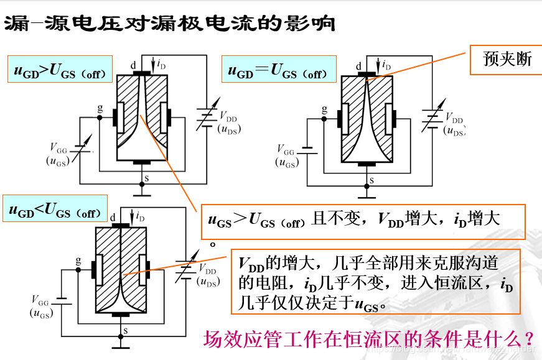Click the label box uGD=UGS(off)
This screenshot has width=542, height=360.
pyautogui.click(x=278, y=72)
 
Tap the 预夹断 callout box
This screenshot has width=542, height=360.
pyautogui.click(x=508, y=60)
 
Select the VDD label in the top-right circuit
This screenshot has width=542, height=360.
pyautogui.click(x=454, y=116)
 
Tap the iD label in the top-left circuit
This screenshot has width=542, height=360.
pyautogui.click(x=161, y=63)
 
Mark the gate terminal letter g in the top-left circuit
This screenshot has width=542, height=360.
pyautogui.click(x=100, y=108)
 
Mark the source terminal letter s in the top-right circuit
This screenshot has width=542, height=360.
pyautogui.click(x=371, y=180)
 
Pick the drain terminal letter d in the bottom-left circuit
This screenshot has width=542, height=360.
pyautogui.click(x=113, y=217)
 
